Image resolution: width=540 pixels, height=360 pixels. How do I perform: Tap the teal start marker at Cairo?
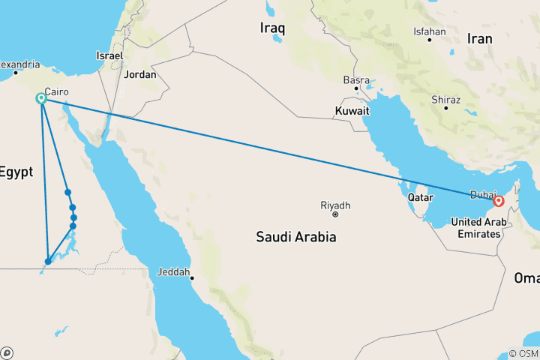point(41,99)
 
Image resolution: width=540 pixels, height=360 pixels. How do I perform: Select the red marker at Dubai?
point(498,201)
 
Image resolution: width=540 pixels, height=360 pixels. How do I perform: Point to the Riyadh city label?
point(335,205)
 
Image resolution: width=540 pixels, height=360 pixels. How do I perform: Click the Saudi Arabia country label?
point(295,237)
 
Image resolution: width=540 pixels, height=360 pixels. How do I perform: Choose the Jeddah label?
point(173,271)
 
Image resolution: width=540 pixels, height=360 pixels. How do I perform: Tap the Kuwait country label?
point(353,110)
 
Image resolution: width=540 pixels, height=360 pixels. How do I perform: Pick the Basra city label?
point(356,79)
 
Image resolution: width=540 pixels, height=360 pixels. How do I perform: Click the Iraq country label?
point(273,28)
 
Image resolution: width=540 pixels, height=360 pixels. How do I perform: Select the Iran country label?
point(479,38)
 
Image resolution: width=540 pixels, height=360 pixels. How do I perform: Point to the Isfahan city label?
point(430,31)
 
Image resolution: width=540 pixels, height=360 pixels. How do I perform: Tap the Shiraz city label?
point(445,99)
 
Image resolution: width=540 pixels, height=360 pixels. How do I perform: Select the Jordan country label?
point(140,74)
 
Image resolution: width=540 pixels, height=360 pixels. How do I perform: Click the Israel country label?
point(109,55)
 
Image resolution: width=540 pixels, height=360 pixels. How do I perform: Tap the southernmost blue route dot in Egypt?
point(48,262)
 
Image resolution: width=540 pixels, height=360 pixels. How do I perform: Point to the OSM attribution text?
point(523,353)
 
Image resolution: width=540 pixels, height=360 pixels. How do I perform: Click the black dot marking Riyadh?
point(335,214)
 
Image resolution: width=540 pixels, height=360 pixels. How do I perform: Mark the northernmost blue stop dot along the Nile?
point(67,192)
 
